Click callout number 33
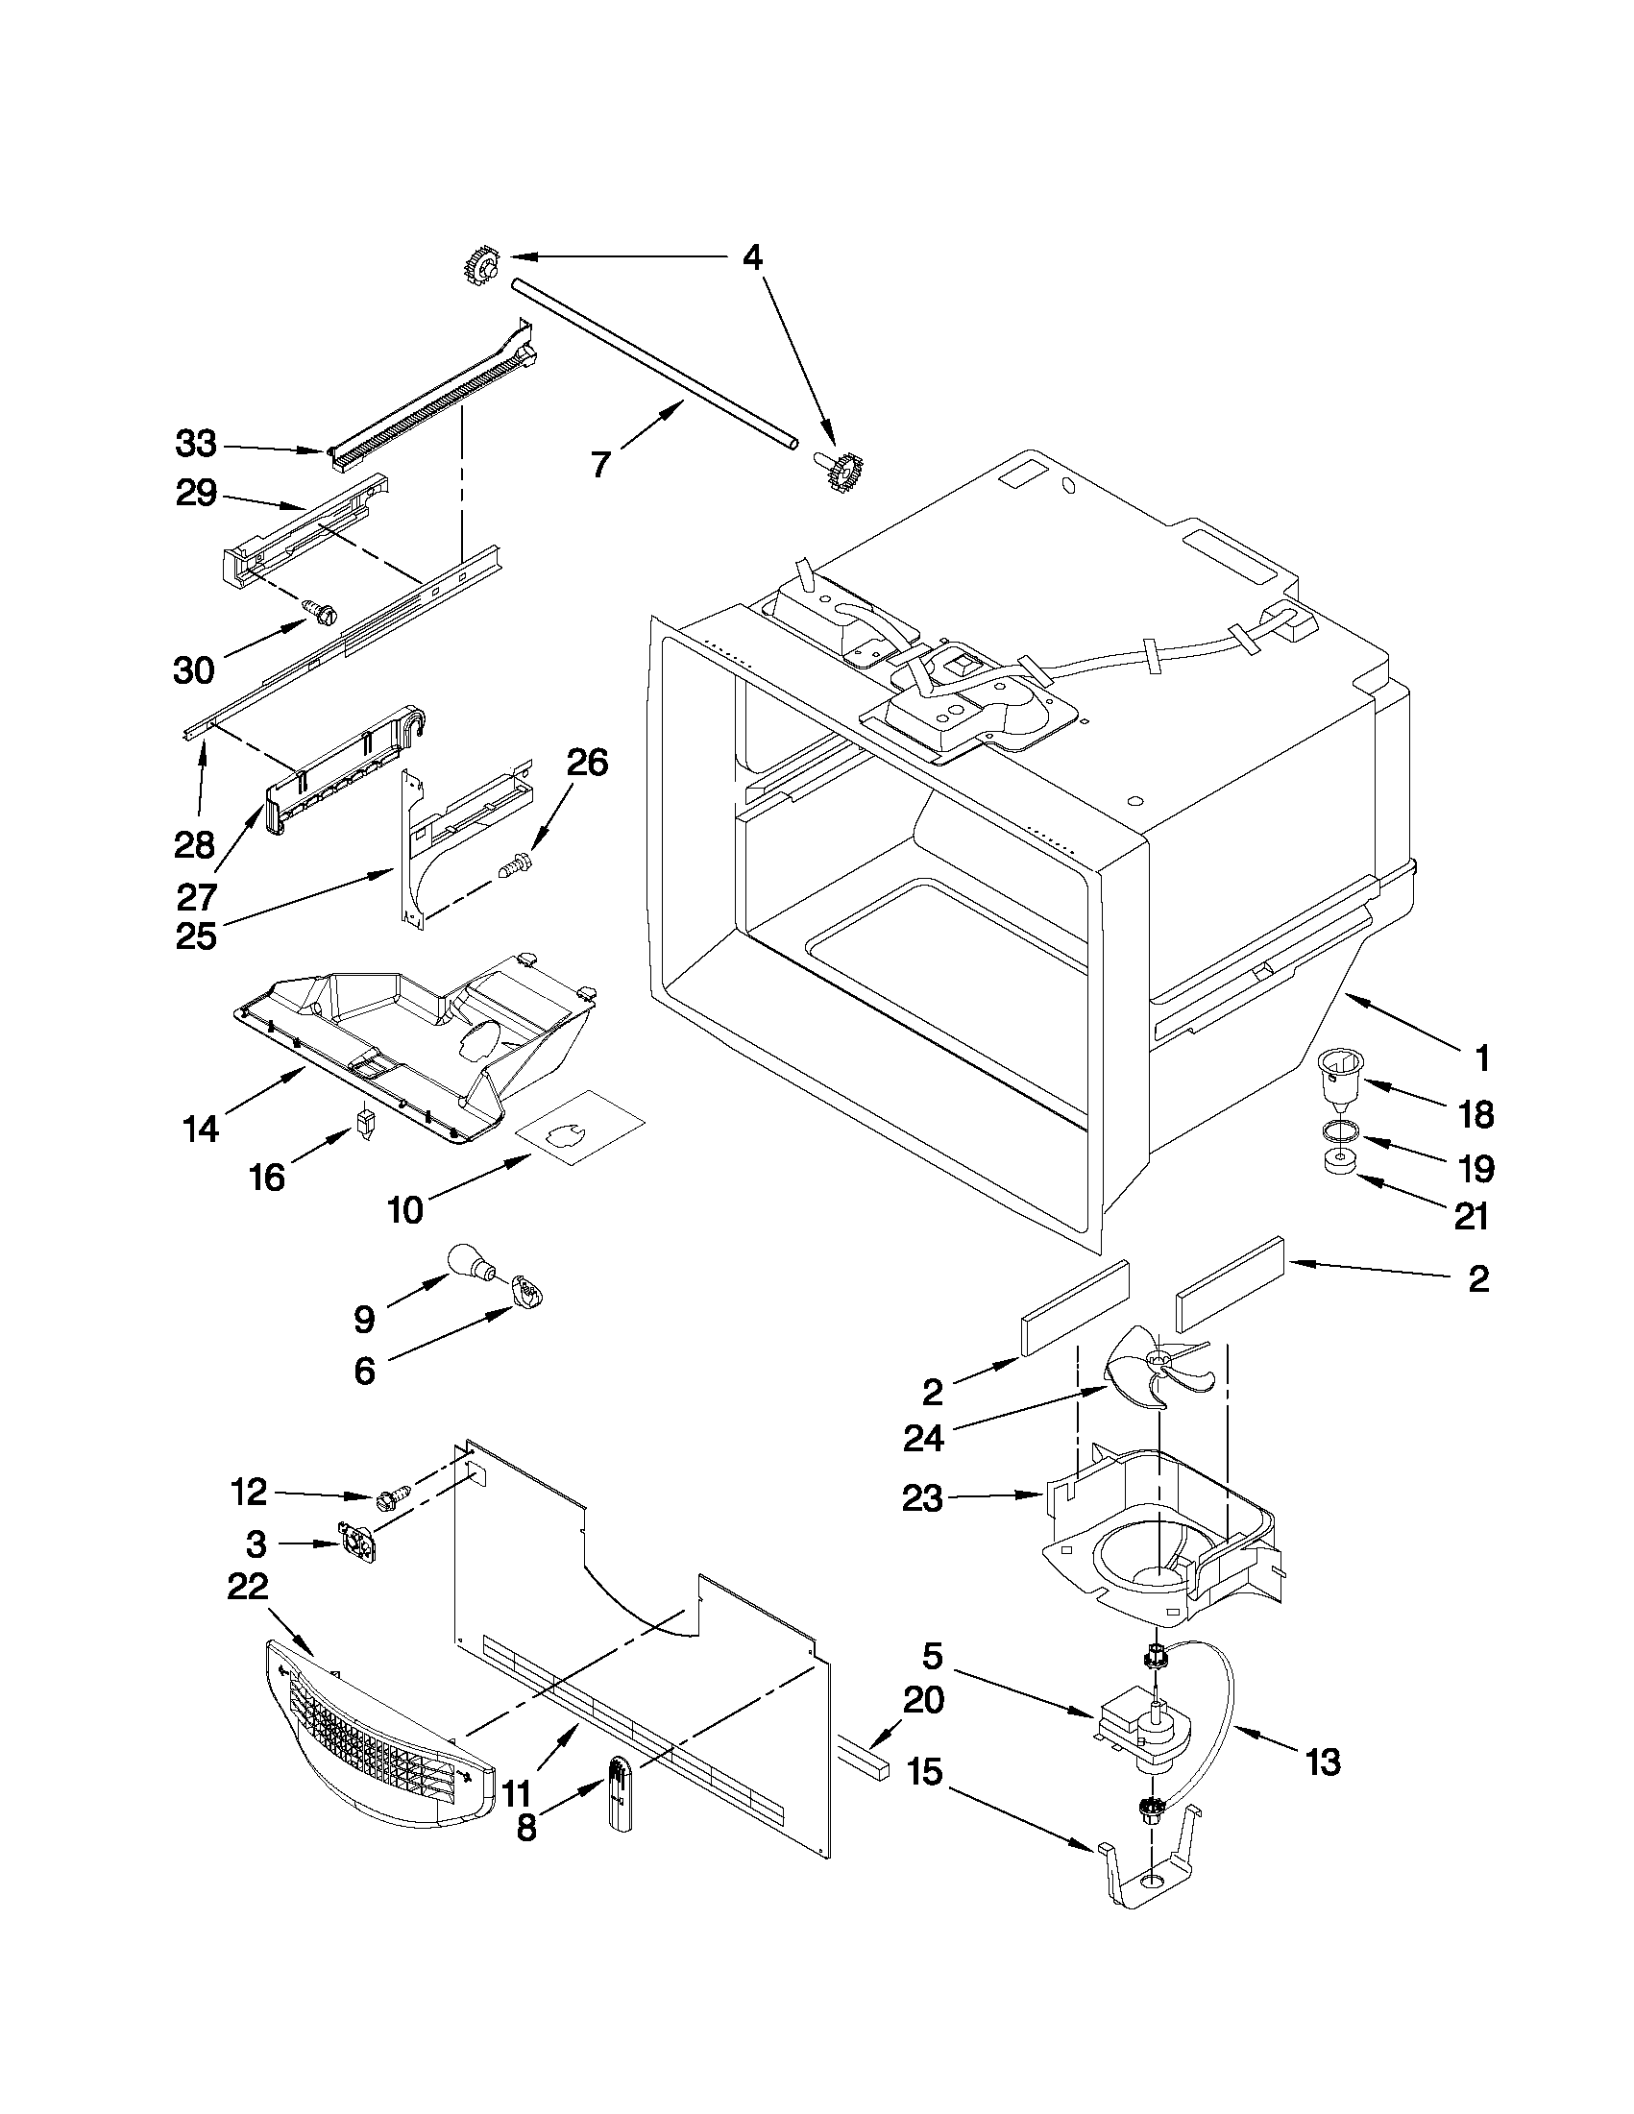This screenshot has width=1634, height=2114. (197, 446)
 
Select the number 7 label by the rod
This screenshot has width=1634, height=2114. (600, 465)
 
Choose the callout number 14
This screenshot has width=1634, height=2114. (201, 1129)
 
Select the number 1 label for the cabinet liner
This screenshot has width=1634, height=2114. (1480, 1058)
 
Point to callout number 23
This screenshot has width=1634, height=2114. (921, 1499)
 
